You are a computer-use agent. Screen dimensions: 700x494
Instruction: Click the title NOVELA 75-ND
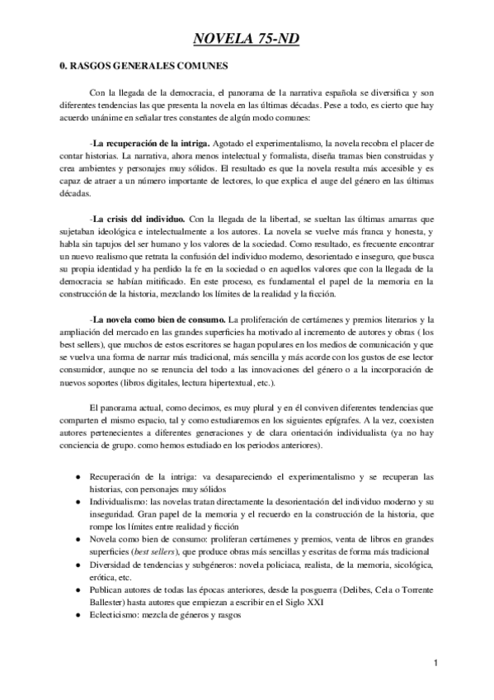[247, 37]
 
